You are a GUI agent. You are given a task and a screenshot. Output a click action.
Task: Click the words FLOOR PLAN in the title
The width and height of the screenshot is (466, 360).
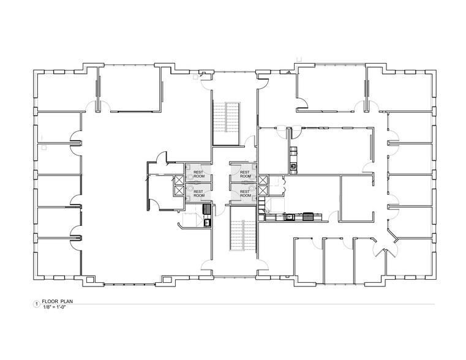pyautogui.click(x=58, y=301)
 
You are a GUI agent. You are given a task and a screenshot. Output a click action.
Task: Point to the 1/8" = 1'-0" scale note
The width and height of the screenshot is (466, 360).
pyautogui.click(x=54, y=307)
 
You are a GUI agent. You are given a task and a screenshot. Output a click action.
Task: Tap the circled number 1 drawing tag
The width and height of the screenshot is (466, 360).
pyautogui.click(x=37, y=304)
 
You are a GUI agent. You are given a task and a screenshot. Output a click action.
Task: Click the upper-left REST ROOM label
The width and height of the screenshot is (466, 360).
pyautogui.click(x=199, y=174)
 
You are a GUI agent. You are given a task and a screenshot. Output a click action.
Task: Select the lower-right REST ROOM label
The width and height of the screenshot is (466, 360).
pyautogui.click(x=246, y=193)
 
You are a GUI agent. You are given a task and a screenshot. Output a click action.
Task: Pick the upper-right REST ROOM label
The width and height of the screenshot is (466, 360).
pyautogui.click(x=246, y=174)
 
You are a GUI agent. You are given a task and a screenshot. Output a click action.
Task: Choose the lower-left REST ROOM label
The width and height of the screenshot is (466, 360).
pyautogui.click(x=199, y=193)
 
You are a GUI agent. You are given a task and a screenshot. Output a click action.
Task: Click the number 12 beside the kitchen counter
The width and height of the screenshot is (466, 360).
pyautogui.click(x=268, y=211)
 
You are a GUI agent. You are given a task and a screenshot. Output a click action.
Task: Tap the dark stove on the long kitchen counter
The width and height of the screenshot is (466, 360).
pyautogui.click(x=308, y=217)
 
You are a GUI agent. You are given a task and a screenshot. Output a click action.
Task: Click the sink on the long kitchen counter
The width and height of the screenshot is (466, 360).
pyautogui.click(x=288, y=217)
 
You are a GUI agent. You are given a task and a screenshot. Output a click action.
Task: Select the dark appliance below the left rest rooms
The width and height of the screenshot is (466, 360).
pyautogui.click(x=207, y=209)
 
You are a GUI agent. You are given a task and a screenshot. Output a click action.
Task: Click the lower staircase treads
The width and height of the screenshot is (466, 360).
pyautogui.click(x=243, y=235)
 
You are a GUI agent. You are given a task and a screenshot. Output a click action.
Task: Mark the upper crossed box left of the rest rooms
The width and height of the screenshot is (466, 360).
pyautogui.click(x=179, y=180)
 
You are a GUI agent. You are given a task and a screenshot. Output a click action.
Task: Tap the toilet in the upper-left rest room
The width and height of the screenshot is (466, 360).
pyautogui.click(x=190, y=178)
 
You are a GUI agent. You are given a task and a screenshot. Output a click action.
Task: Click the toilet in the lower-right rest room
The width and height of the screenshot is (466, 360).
pyautogui.click(x=253, y=188)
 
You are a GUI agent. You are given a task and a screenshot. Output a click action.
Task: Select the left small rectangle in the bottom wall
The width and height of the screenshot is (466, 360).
pyautogui.click(x=89, y=280)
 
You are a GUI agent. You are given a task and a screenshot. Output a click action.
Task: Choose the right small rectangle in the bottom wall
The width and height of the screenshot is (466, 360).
pyautogui.click(x=167, y=280)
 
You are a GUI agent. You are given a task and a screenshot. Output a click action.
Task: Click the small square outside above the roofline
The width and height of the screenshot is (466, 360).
pyautogui.click(x=299, y=59)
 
